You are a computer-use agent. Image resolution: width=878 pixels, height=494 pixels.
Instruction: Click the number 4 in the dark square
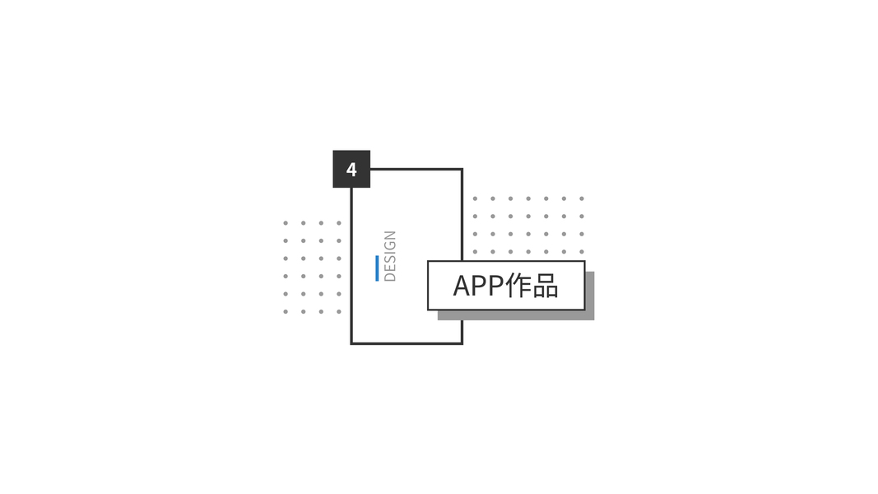351,170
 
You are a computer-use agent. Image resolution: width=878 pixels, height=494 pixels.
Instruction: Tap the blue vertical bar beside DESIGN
377,268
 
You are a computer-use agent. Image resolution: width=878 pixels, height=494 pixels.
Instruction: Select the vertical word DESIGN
390,256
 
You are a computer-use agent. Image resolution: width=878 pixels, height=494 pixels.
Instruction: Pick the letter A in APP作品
463,286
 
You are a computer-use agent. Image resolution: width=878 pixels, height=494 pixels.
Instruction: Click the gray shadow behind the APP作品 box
590,296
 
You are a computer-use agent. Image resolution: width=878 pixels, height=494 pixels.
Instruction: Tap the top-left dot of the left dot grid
286,223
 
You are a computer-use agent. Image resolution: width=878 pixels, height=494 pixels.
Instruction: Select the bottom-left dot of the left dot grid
286,312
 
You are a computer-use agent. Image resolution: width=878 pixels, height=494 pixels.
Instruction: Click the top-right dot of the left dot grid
339,223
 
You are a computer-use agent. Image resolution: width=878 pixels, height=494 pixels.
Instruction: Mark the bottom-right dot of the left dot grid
339,312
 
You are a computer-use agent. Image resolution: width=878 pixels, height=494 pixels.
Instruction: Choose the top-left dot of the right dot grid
475,198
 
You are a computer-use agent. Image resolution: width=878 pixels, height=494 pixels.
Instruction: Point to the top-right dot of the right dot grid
582,198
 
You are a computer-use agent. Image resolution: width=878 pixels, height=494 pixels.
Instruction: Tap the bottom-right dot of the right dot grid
582,252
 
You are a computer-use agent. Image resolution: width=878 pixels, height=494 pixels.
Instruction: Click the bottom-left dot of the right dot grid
475,252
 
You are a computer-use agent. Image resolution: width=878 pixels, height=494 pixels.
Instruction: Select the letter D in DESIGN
390,276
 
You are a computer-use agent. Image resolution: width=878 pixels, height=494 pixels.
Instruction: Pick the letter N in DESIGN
390,236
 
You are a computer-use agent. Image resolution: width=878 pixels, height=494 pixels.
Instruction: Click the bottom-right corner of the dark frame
461,343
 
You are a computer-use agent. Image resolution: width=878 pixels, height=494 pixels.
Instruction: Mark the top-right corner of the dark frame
461,170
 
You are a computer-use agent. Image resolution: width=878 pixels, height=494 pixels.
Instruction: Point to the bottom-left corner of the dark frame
352,343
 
